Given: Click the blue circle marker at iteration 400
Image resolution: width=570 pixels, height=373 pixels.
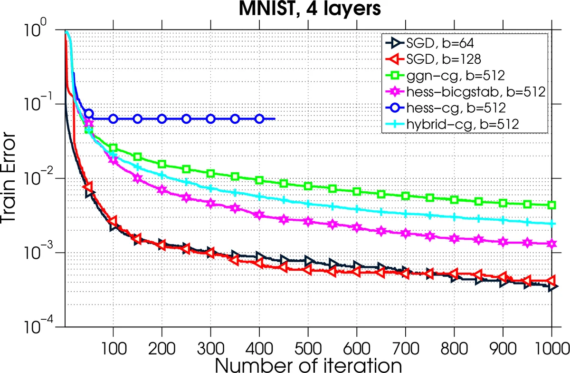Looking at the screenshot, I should [259, 119].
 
